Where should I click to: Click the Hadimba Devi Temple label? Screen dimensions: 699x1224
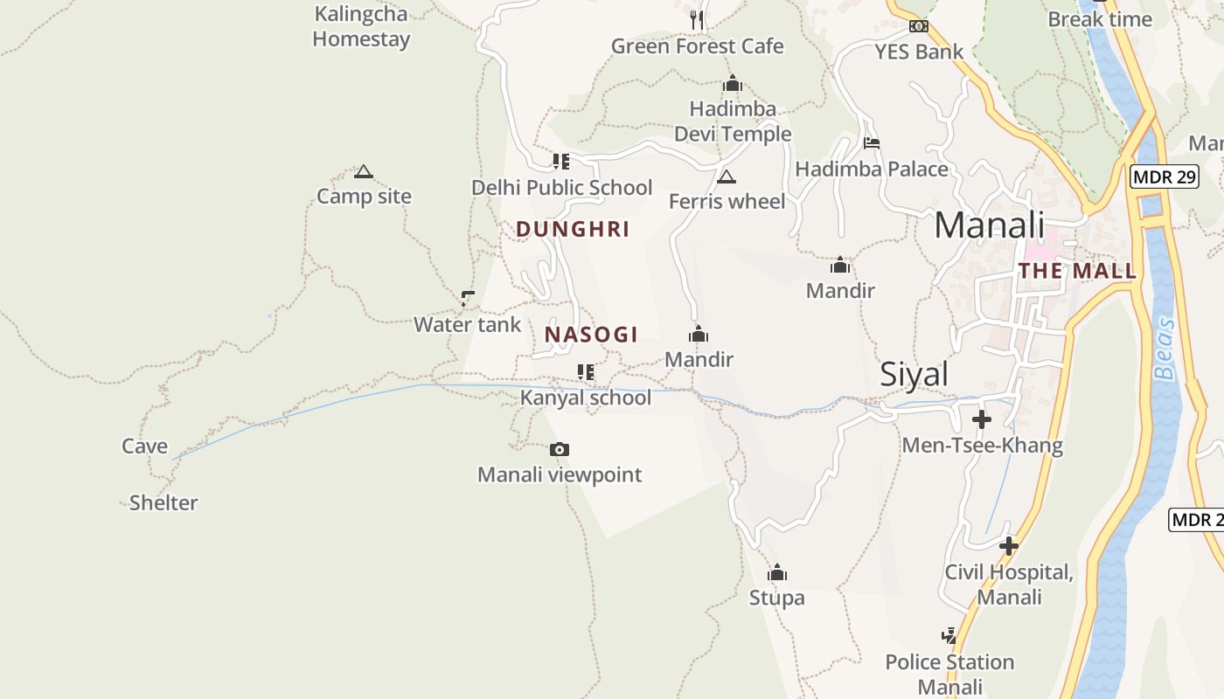733,121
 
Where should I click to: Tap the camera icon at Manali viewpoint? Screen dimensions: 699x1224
560,450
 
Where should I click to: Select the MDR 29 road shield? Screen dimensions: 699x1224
1163,177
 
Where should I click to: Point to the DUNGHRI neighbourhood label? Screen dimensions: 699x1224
573,230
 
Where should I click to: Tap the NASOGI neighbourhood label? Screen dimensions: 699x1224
591,335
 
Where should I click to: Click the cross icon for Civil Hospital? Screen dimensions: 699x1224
1009,546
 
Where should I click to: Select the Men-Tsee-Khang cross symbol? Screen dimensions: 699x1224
982,419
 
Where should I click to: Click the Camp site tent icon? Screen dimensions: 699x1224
364,172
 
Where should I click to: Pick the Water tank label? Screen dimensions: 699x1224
467,325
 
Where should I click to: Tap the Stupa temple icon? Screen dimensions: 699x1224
777,573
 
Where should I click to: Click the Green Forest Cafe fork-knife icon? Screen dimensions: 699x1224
697,19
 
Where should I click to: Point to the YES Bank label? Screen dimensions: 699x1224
919,52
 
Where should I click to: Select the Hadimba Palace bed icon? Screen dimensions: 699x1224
871,143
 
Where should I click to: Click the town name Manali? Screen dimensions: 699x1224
989,225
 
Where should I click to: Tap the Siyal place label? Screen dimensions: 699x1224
914,374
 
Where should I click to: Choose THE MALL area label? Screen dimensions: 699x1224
1077,271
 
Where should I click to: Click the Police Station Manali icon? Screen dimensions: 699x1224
949,635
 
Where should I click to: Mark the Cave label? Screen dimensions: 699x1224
144,446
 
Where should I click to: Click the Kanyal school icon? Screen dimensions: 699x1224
586,373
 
